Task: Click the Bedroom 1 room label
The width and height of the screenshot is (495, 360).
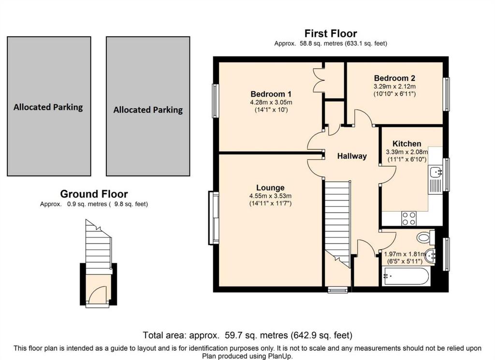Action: point(271,94)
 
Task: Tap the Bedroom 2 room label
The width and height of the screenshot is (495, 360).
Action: point(394,78)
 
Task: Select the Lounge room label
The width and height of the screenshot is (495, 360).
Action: point(270,187)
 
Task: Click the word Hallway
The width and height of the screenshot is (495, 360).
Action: point(352,156)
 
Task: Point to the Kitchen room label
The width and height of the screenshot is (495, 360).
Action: point(407,144)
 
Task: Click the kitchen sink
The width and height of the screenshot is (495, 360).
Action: point(436,172)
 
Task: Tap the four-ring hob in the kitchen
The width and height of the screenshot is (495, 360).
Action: point(408,218)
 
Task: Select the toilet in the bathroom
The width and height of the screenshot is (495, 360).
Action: point(424,237)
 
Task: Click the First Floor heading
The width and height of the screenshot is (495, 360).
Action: point(331,33)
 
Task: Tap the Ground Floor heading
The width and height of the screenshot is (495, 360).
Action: point(94,194)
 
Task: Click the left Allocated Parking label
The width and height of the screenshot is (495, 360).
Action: point(48,107)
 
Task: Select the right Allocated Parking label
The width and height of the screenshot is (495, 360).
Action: point(148,110)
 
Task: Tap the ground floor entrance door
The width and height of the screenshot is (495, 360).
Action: point(99,295)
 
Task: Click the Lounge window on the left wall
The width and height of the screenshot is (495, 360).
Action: point(213,217)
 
